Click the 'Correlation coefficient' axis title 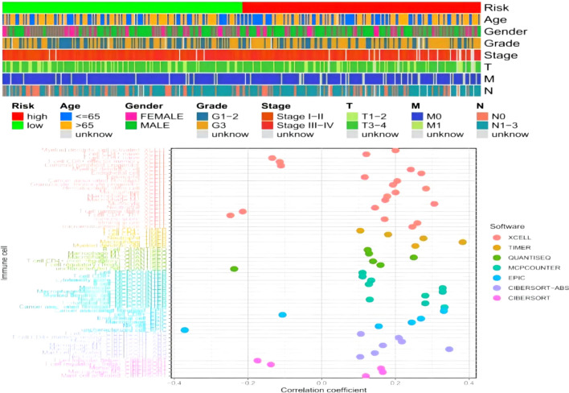[320, 389]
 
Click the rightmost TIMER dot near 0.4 [463, 242]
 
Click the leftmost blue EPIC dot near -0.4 [185, 330]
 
